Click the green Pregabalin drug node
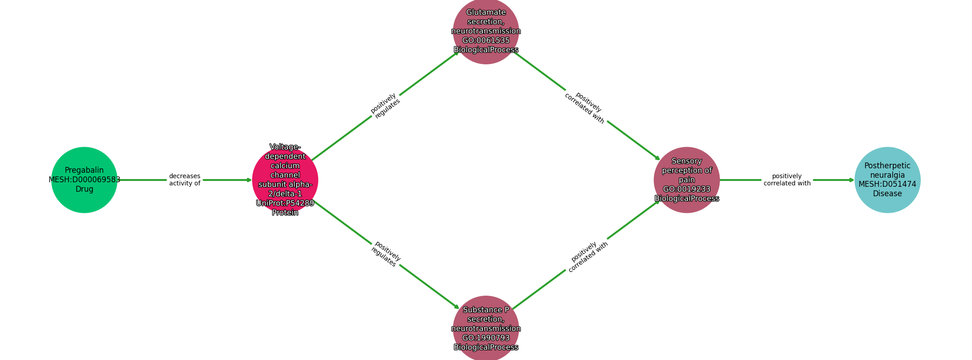tap(84, 180)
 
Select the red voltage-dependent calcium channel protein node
tap(285, 180)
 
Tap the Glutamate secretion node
tap(486, 31)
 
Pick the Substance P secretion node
tap(486, 329)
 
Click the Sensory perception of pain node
tap(687, 180)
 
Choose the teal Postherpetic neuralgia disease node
tap(887, 180)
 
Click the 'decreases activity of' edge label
tap(184, 180)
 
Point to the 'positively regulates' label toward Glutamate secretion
tap(385, 106)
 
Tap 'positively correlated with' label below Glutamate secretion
tap(586, 108)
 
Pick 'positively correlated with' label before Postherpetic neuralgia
tap(787, 180)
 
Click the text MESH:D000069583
tap(85, 180)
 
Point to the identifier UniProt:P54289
tap(285, 203)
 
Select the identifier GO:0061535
tap(486, 40)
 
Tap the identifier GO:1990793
tap(486, 338)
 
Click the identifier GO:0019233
tap(687, 189)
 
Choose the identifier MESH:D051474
tap(887, 184)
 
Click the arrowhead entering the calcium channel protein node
tap(249, 180)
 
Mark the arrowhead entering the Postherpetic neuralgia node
tap(852, 180)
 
